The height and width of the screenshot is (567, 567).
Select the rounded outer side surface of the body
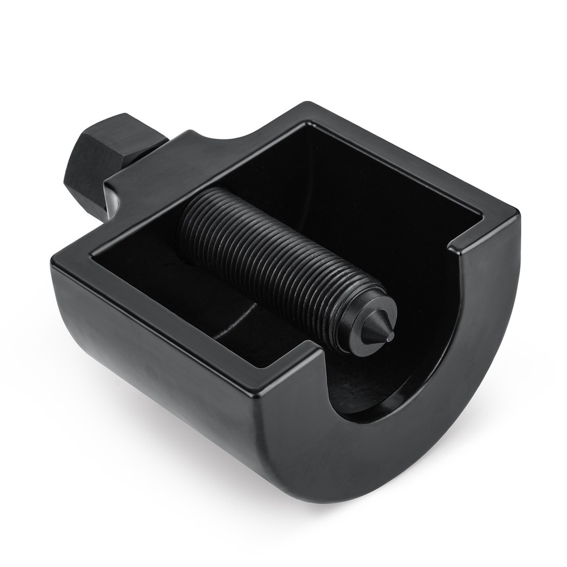[170, 386]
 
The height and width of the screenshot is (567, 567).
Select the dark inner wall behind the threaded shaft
[340, 187]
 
